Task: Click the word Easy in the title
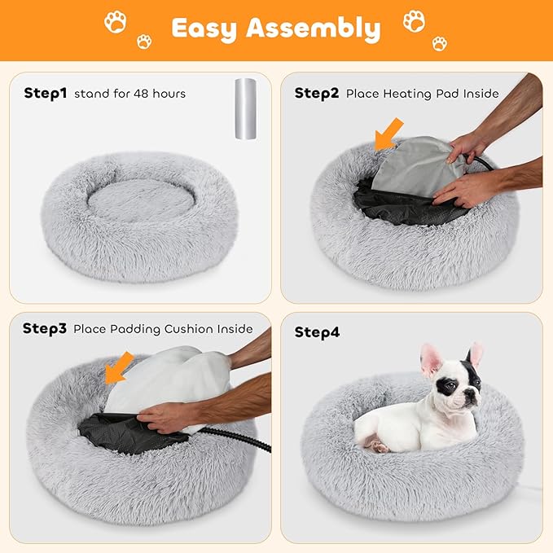[x=204, y=29]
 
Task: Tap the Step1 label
[x=46, y=93]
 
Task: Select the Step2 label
[x=317, y=93]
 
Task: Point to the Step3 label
[x=45, y=328]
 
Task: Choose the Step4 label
[x=317, y=332]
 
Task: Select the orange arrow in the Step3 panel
[x=119, y=366]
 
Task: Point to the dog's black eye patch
[x=446, y=386]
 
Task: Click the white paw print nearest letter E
[x=144, y=41]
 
